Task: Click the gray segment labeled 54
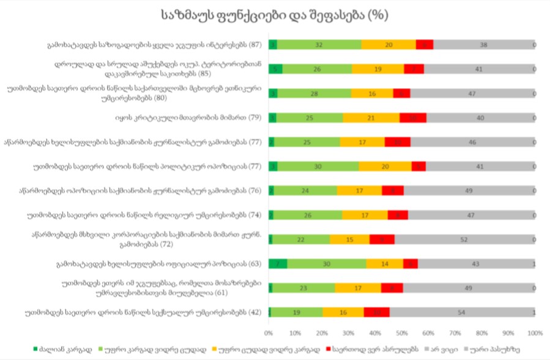461,312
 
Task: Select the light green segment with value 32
319,44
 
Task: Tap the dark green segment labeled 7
278,263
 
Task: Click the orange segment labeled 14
385,263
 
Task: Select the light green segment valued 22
300,239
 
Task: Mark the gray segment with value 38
483,44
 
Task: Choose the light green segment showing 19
296,312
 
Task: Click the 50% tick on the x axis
401,333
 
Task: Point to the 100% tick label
535,333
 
